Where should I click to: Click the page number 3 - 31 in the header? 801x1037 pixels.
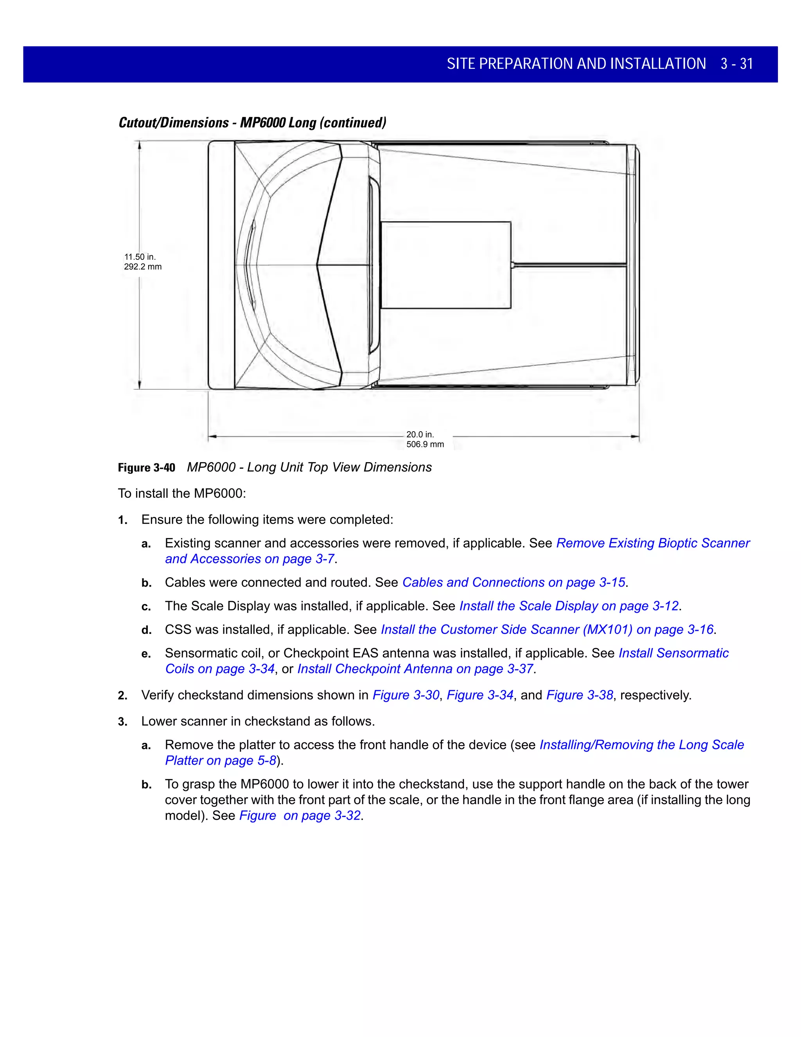coord(736,64)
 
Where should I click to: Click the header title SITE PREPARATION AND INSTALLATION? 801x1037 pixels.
coord(576,64)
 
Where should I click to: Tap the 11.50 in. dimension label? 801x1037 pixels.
coord(140,257)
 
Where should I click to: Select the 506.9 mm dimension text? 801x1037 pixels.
coord(425,445)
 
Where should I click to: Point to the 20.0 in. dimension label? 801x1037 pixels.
coord(420,434)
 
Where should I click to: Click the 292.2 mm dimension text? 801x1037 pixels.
coord(143,267)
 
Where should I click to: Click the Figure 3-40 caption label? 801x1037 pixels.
coord(146,468)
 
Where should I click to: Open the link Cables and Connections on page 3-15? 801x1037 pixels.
coord(514,583)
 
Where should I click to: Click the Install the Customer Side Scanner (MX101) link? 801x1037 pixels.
coord(547,630)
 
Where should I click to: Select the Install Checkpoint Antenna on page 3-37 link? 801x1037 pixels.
coord(415,669)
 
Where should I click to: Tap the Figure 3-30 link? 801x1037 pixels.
coord(406,695)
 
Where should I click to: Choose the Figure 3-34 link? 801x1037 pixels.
coord(480,695)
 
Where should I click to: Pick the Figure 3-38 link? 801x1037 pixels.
coord(580,695)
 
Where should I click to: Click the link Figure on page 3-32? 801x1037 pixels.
coord(300,816)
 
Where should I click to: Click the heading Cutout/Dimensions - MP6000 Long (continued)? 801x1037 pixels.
coord(252,123)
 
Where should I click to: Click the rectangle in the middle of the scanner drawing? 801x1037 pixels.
coord(446,265)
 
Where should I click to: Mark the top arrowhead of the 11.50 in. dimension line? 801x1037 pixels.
coord(140,145)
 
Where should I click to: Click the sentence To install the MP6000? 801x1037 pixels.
coord(182,494)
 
